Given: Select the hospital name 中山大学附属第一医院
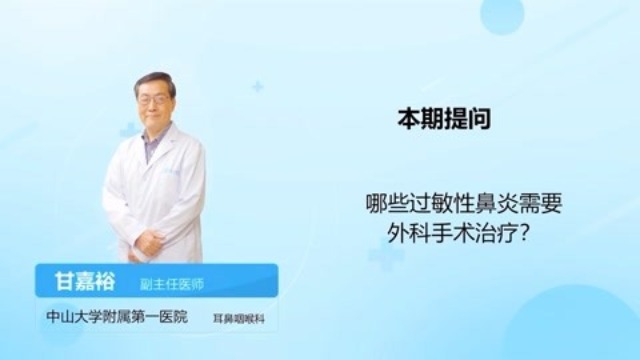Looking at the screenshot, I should pyautogui.click(x=104, y=319).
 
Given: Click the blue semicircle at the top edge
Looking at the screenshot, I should pyautogui.click(x=502, y=12).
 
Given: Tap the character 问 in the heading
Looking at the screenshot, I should pyautogui.click(x=480, y=118).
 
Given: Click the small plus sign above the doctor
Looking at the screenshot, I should pyautogui.click(x=257, y=87).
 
